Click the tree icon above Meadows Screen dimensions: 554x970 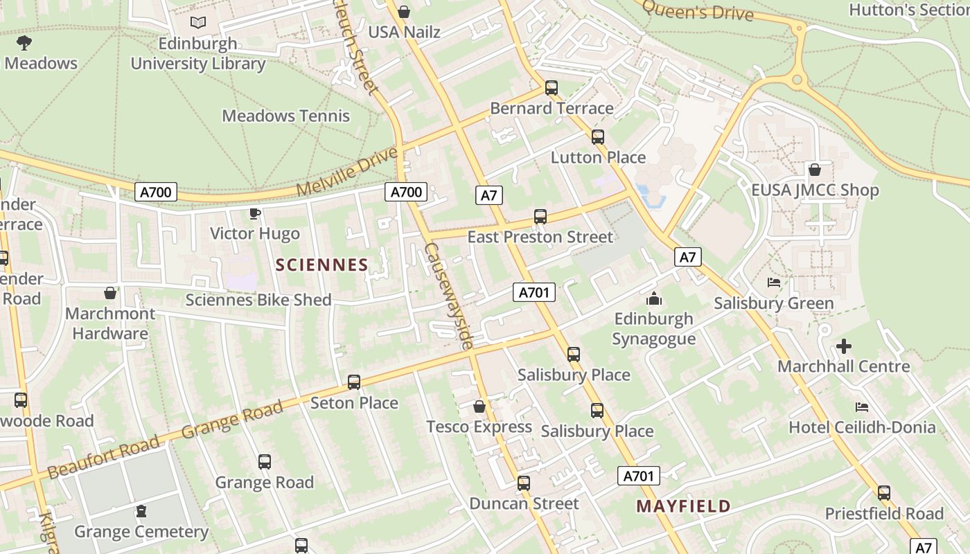pos(24,43)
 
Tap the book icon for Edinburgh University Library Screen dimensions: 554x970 pos(198,23)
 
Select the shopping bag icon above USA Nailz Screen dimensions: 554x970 pos(404,12)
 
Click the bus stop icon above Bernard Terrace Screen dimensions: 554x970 pos(552,88)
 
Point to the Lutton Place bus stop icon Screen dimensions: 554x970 pos(598,137)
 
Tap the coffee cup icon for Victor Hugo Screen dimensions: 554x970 pos(255,213)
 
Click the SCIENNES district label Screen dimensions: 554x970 pos(321,265)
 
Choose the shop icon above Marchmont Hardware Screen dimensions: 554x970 pos(109,293)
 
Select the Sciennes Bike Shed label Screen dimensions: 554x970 pos(258,300)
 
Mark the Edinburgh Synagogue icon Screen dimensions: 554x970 pos(653,298)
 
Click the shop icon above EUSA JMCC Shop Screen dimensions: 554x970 pos(815,170)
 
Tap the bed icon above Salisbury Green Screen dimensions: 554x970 pos(774,283)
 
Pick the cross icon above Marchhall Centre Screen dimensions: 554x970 pos(844,346)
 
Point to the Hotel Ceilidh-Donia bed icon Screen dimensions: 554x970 pos(862,406)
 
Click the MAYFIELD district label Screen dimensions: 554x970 pos(683,506)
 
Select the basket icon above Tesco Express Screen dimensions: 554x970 pos(479,406)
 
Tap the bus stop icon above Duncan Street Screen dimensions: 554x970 pos(524,483)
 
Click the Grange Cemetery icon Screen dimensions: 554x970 pos(141,512)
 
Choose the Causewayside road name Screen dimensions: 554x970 pos(449,296)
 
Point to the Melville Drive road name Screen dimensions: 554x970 pos(349,170)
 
